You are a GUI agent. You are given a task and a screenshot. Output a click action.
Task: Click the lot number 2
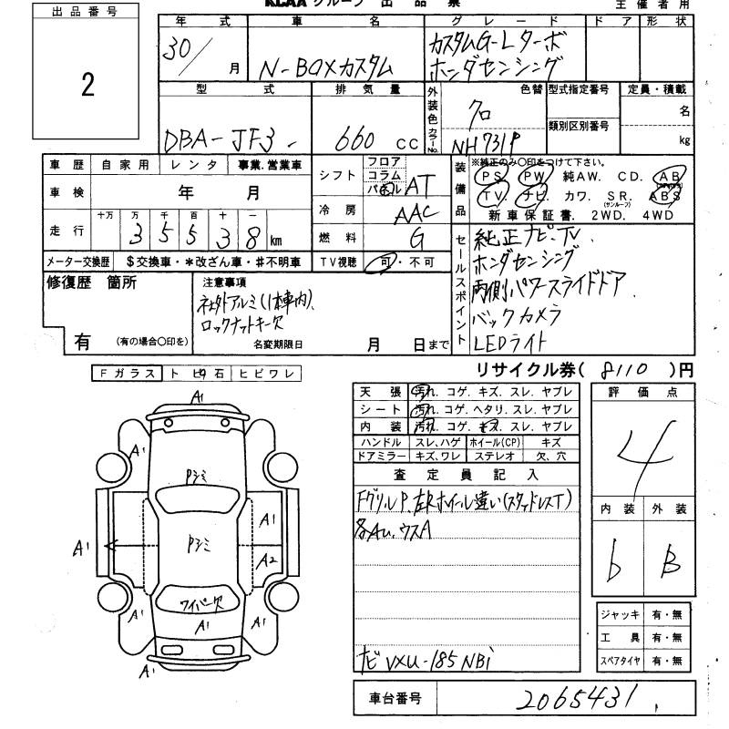(x=87, y=86)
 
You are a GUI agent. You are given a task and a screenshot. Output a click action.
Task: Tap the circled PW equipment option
(x=536, y=176)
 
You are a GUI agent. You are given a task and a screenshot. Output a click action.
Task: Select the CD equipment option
(x=630, y=176)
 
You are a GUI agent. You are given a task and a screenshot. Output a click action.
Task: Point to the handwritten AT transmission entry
(x=418, y=185)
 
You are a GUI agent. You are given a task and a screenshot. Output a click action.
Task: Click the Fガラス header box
(x=127, y=374)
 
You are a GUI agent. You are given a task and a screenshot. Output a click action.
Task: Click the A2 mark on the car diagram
(x=266, y=560)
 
